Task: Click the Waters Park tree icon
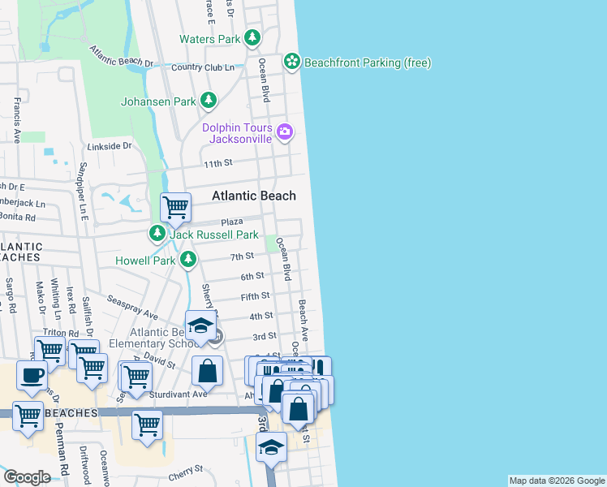coord(253,38)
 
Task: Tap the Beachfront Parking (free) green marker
coord(291,62)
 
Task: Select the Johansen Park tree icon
coord(209,101)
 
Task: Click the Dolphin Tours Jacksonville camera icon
coord(284,131)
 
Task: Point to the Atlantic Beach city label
coord(254,196)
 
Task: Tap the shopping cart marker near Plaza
coord(175,208)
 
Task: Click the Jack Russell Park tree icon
coord(157,234)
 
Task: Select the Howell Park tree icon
coord(188,260)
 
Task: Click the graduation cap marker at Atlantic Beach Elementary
coord(200,326)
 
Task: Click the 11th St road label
coord(218,163)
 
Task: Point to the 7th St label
coord(242,256)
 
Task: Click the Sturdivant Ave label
coord(179,394)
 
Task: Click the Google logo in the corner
coord(26,477)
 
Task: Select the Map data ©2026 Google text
coord(557,481)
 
